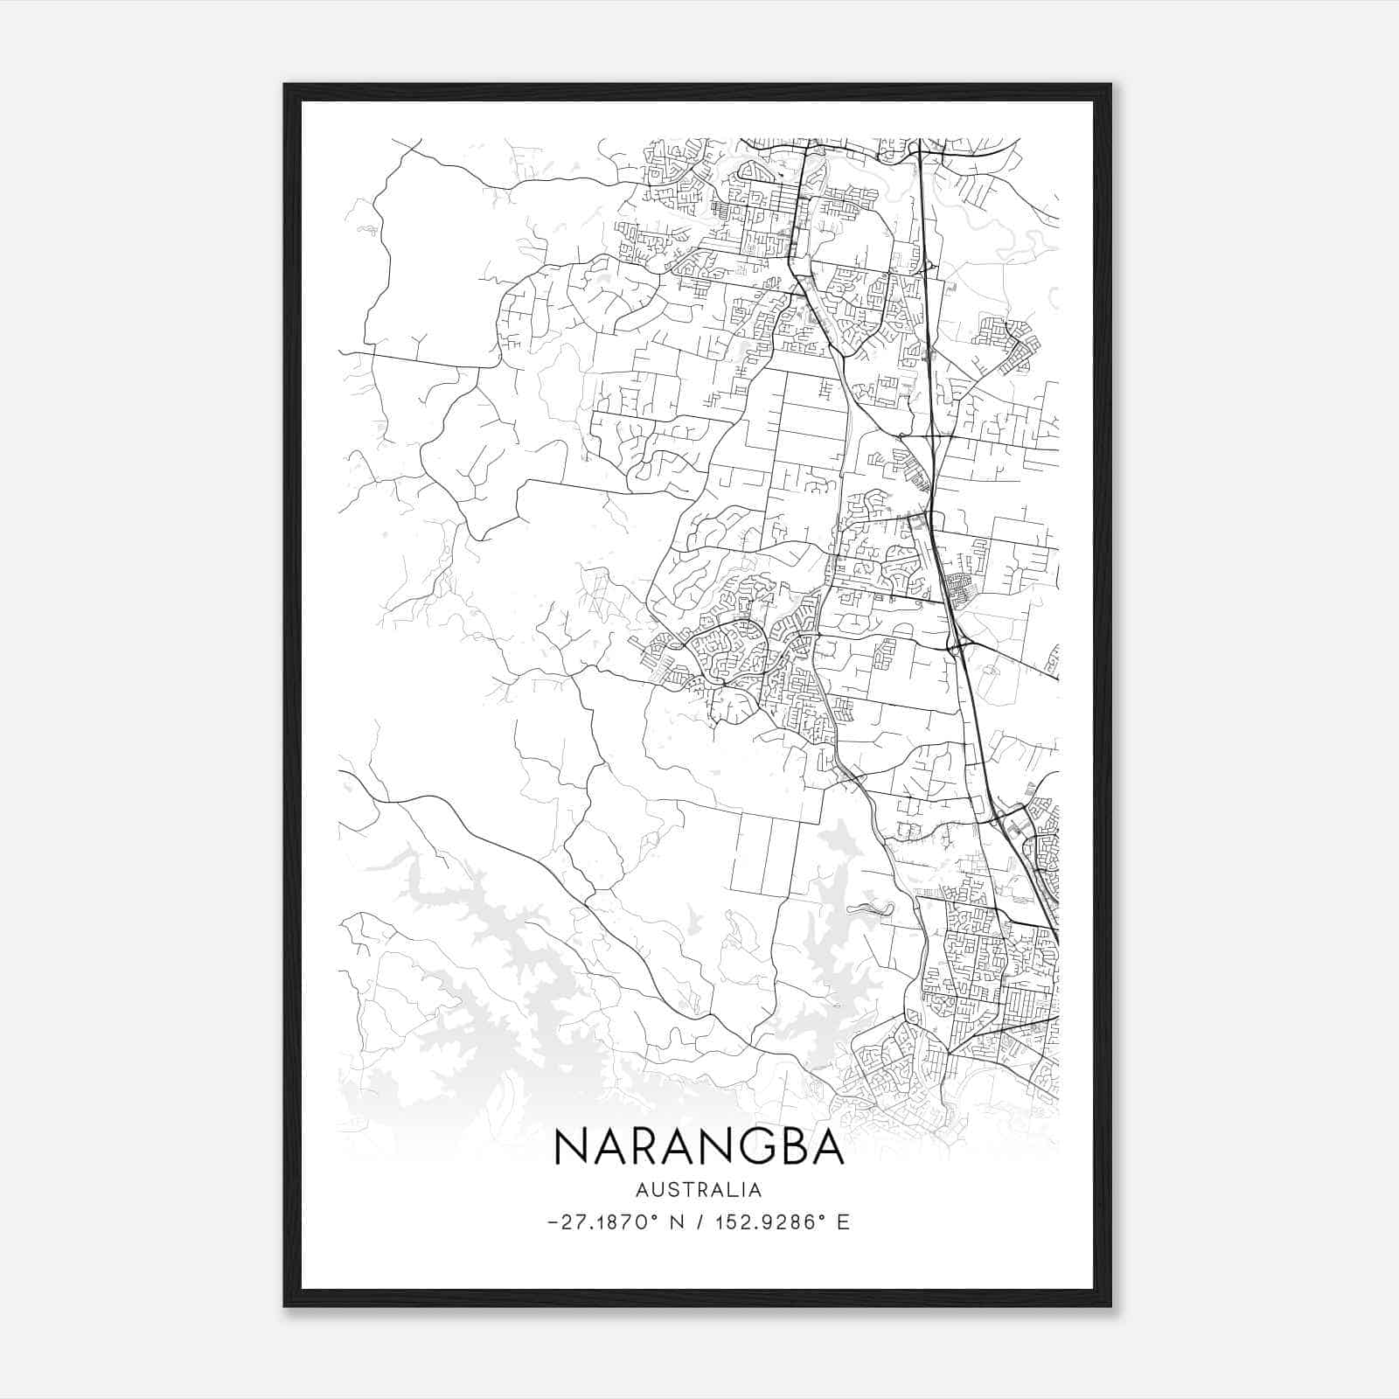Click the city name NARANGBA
coord(699,1147)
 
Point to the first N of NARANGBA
coord(569,1147)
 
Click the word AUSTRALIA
coord(699,1190)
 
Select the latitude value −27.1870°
coord(603,1222)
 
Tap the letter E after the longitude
coord(843,1222)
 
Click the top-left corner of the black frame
coord(286,86)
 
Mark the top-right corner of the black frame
coord(1110,86)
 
